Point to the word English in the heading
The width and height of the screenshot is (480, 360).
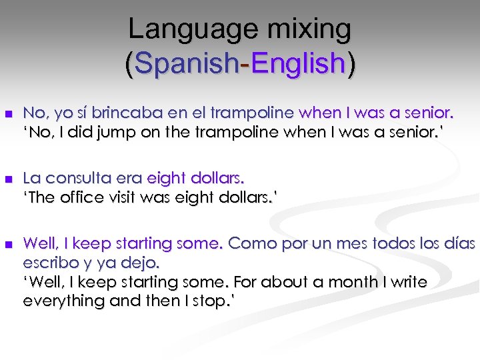[x=298, y=63]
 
